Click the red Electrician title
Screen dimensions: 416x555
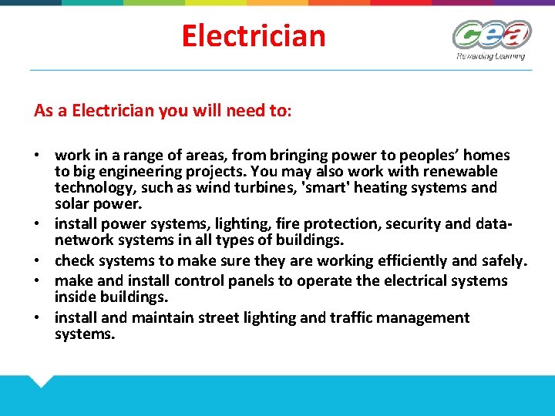pyautogui.click(x=254, y=35)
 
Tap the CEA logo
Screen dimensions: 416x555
pyautogui.click(x=491, y=35)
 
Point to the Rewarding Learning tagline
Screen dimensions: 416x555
pyautogui.click(x=490, y=55)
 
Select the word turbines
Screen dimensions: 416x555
pyautogui.click(x=254, y=187)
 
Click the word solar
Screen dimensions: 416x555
pyautogui.click(x=72, y=203)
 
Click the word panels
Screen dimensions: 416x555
pyautogui.click(x=219, y=280)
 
